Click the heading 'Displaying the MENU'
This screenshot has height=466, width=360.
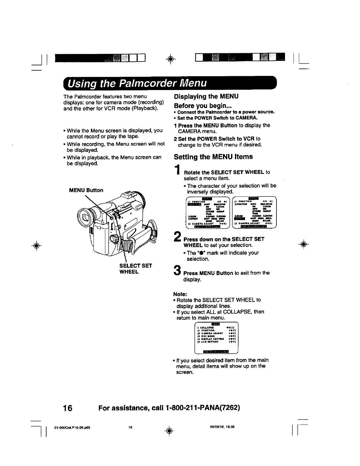pos(206,96)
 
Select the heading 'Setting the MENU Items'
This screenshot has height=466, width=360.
pos(213,157)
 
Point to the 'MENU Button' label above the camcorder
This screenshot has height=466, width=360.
pos(86,190)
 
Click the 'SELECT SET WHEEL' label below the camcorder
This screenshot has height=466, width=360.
pos(135,269)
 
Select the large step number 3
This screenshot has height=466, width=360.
pos(177,270)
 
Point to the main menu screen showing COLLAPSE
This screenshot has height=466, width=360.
pos(216,339)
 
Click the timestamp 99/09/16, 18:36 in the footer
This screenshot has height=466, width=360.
pos(216,427)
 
